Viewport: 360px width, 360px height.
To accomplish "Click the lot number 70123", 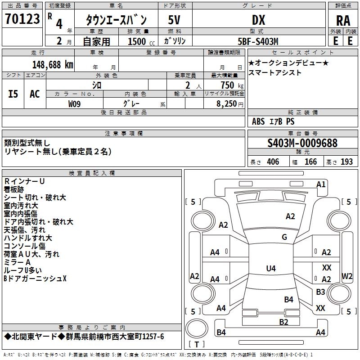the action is coord(22,19).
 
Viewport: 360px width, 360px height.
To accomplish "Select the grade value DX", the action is coord(258,20).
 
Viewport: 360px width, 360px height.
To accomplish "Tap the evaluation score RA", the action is coord(343,21).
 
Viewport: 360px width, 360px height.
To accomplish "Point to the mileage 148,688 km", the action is coord(53,65).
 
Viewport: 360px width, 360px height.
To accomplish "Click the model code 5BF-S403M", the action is coord(258,41).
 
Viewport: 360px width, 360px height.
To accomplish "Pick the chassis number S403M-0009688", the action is coord(302,143).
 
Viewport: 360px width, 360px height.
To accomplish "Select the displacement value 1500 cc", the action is coord(141,41).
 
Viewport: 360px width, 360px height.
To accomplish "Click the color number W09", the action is coord(74,104).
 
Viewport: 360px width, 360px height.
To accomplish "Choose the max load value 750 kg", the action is coord(232,85).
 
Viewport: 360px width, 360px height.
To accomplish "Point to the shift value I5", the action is coord(13,94).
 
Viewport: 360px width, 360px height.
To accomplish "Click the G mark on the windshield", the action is coord(284,237).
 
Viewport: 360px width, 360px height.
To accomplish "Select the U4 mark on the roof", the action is coord(271,268).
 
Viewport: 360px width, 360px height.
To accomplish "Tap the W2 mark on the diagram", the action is coord(347,276).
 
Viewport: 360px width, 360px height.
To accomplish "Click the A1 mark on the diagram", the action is coord(321,184).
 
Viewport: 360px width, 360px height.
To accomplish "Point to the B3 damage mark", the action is coord(320,292).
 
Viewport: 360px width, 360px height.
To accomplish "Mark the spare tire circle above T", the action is coord(197,328).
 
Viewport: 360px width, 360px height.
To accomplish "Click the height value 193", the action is coord(346,162).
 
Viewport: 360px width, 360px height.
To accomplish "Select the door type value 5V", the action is coord(174,20).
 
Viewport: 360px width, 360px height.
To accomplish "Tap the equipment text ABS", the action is coord(258,121).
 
